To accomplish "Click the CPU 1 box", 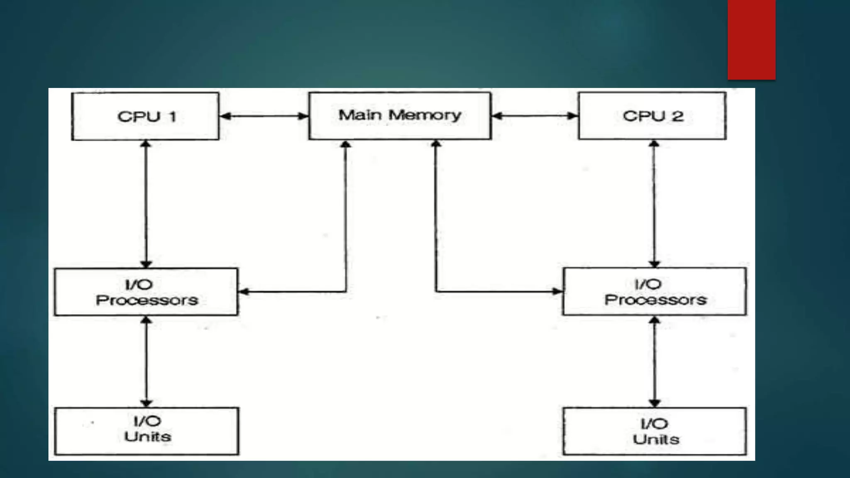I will (145, 116).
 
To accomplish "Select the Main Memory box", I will (400, 115).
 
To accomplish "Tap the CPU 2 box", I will (652, 116).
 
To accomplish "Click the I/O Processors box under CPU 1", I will (146, 292).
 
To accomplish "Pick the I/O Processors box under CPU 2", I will (655, 291).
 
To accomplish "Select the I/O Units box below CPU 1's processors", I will (147, 431).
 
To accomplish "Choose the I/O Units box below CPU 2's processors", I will (655, 431).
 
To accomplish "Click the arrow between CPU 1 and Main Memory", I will (264, 116).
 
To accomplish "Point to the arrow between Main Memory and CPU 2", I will (535, 116).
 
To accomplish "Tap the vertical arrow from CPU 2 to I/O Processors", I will (654, 204).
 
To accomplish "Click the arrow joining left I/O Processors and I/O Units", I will (146, 361).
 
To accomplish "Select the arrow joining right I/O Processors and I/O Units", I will (655, 361).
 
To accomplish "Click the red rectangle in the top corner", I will (751, 39).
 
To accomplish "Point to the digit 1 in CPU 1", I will (173, 117).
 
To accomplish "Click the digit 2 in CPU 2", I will (677, 116).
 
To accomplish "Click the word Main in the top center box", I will (360, 115).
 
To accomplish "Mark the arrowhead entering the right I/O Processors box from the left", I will (557, 291).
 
